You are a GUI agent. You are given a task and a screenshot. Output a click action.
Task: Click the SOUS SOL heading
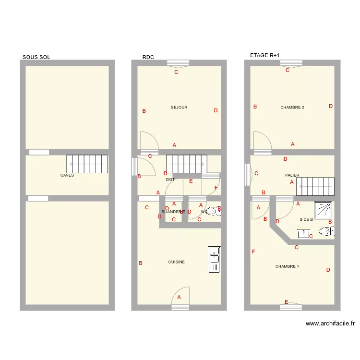(x=36, y=57)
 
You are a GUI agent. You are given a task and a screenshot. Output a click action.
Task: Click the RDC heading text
(x=148, y=57)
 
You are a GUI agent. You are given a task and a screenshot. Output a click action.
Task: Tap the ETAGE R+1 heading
(x=264, y=56)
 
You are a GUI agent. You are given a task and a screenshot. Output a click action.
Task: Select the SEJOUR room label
(x=179, y=108)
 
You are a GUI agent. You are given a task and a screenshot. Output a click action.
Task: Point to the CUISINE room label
(x=176, y=262)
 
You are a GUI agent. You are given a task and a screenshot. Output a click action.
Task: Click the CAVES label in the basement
(x=67, y=175)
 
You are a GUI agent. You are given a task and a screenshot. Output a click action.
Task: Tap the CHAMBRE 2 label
(x=292, y=108)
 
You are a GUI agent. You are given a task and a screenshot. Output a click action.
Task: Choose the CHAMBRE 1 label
(x=287, y=266)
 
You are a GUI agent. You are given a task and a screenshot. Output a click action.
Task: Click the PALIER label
(x=292, y=175)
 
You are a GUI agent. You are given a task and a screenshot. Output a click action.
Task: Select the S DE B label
(x=306, y=219)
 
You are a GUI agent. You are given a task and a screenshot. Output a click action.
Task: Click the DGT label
(x=170, y=180)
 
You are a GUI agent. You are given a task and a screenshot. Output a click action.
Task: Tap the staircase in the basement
(x=87, y=165)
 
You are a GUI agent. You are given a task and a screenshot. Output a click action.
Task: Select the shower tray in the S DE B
(x=324, y=210)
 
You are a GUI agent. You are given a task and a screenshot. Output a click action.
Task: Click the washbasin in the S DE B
(x=303, y=234)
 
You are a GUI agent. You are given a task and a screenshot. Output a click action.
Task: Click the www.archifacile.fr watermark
(x=330, y=324)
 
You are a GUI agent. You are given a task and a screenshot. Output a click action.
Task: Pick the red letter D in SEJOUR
(x=216, y=110)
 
